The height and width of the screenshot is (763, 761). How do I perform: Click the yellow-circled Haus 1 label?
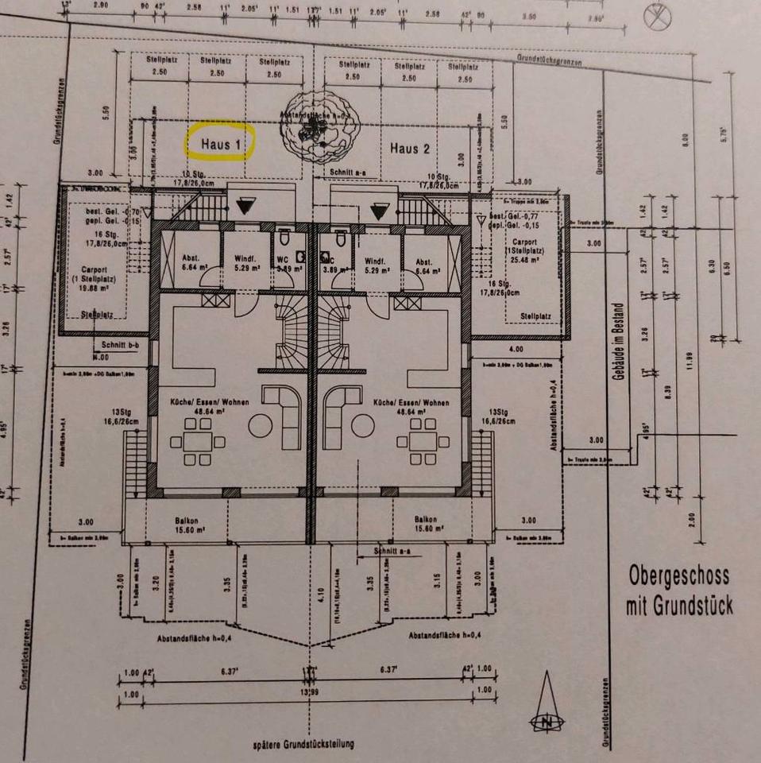219,145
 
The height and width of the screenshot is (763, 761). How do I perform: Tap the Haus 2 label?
410,149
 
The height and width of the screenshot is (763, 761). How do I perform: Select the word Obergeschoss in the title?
678,575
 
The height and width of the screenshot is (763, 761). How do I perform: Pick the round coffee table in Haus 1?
261,427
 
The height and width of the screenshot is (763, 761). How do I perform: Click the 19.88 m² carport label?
94,284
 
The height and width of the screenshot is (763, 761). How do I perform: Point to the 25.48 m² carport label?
524,248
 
